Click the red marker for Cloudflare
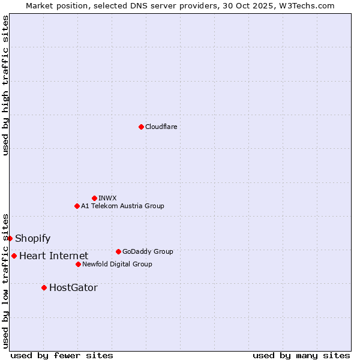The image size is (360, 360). click(141, 127)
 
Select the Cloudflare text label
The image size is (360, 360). click(161, 127)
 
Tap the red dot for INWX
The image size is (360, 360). click(94, 198)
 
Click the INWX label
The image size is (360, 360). click(107, 198)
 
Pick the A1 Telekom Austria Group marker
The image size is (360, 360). click(77, 206)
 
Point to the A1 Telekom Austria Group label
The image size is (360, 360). click(122, 206)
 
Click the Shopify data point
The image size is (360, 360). click(10, 238)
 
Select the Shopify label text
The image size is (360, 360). click(32, 239)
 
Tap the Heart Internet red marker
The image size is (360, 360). click(14, 256)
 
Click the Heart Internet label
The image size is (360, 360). click(53, 256)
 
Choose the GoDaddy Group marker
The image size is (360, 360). click(118, 251)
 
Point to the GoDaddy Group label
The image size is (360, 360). click(148, 251)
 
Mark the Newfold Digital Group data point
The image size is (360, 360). click(78, 264)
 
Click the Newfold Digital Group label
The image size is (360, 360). click(117, 264)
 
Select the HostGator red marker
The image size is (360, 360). click(44, 287)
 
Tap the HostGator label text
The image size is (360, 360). click(73, 288)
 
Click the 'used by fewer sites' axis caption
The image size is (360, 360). click(62, 355)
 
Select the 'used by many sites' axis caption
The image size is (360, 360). click(301, 355)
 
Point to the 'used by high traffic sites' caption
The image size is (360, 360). click(5, 85)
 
